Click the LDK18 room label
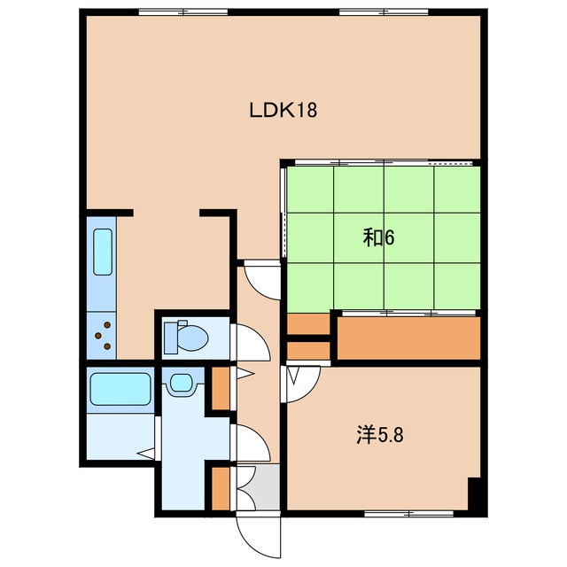tap(283, 110)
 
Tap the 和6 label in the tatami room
tap(378, 238)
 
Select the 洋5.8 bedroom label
tap(380, 435)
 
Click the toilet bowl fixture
tap(186, 338)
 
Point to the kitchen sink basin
tap(103, 252)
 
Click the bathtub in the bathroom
tap(120, 389)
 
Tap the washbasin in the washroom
tap(181, 382)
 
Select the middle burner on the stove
tap(97, 336)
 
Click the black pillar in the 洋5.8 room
tap(476, 494)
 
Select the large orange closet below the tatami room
tap(408, 338)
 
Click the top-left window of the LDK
tap(183, 12)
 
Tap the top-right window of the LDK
tap(384, 12)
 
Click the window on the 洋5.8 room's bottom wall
tap(408, 514)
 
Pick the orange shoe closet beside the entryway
tap(221, 488)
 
